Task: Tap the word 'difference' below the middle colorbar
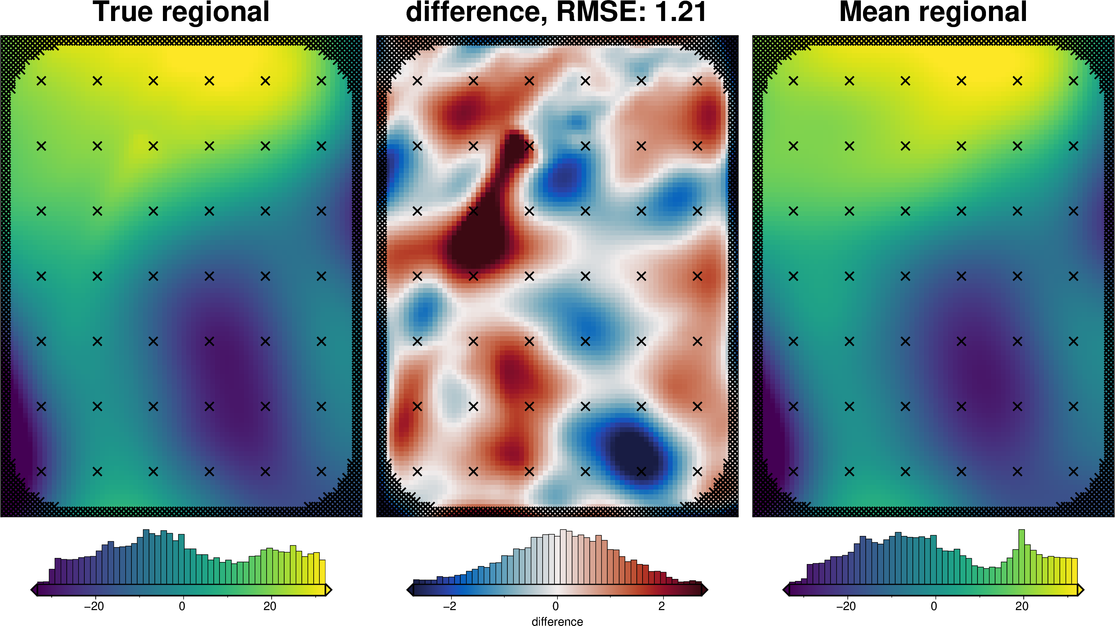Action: tap(557, 621)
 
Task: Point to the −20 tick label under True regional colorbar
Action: tap(93, 606)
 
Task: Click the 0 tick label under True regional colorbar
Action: tap(182, 606)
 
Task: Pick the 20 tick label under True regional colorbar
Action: tap(270, 606)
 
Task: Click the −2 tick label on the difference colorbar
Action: tap(449, 606)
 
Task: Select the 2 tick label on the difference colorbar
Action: tap(661, 606)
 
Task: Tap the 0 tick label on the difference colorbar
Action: tap(555, 606)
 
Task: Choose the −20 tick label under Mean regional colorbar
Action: tap(846, 606)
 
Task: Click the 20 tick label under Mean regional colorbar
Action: tap(1022, 606)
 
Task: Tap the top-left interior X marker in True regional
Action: tap(41, 81)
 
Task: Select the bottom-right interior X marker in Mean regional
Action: tap(1073, 471)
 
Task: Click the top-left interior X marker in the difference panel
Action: tap(417, 81)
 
